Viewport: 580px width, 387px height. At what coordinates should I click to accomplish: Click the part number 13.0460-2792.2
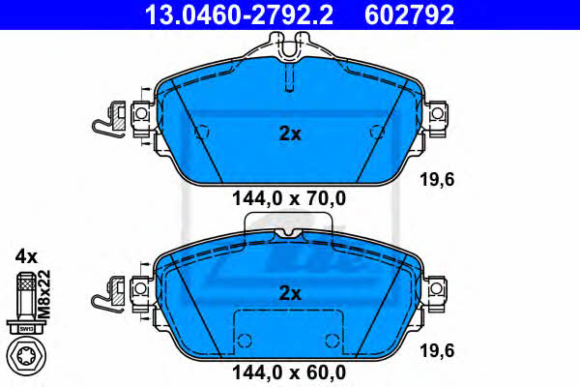point(239,15)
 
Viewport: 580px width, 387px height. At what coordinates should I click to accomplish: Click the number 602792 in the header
point(409,15)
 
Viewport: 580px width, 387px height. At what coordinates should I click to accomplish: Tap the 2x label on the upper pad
point(290,134)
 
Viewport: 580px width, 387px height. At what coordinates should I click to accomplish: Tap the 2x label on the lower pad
point(290,294)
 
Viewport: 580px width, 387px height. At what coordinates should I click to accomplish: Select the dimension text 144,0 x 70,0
point(289,198)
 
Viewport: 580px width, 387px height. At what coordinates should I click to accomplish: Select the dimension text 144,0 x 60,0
point(289,372)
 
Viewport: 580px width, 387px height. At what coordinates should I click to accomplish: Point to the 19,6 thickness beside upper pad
point(437,180)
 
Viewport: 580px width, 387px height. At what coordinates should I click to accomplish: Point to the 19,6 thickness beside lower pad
point(437,350)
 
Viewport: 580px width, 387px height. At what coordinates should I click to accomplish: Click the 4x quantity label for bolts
point(26,256)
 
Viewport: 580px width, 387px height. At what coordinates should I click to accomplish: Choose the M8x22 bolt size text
point(44,295)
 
